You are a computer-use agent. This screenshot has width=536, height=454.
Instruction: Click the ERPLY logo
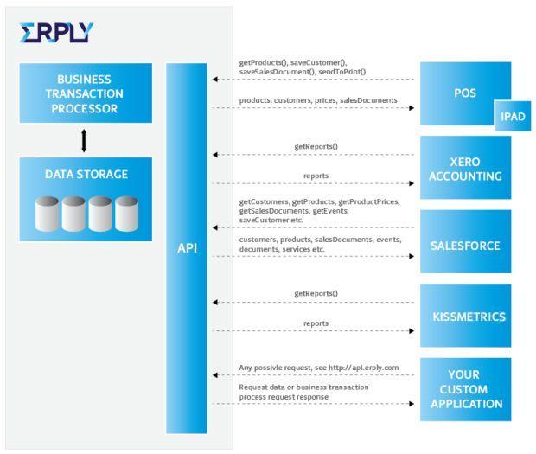[56, 33]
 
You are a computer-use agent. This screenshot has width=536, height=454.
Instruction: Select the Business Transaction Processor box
[86, 93]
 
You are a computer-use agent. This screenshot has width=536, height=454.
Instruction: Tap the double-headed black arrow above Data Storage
[84, 140]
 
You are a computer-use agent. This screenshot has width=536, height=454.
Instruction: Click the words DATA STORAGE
[86, 175]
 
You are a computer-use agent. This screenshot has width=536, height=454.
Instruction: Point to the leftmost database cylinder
[48, 214]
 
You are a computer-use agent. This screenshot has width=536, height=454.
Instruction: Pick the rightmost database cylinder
[127, 214]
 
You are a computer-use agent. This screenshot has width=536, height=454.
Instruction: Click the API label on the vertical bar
[187, 248]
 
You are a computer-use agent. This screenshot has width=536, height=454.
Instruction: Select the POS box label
[465, 93]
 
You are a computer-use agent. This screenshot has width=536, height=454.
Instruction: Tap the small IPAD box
[513, 116]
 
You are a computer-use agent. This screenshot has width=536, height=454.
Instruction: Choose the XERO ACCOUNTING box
[466, 168]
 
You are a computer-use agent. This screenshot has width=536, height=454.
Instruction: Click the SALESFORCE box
[466, 241]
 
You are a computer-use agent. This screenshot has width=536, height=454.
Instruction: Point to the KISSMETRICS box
[466, 316]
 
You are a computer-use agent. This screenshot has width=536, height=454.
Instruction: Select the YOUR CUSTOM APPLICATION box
[466, 389]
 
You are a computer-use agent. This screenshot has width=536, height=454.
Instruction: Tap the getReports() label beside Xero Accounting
[316, 147]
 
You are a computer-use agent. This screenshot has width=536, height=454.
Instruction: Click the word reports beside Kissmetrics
[316, 323]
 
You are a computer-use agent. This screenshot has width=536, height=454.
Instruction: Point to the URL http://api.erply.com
[363, 368]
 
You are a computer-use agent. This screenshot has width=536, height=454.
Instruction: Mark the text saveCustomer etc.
[271, 221]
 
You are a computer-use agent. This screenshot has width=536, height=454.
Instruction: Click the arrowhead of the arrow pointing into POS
[412, 108]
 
